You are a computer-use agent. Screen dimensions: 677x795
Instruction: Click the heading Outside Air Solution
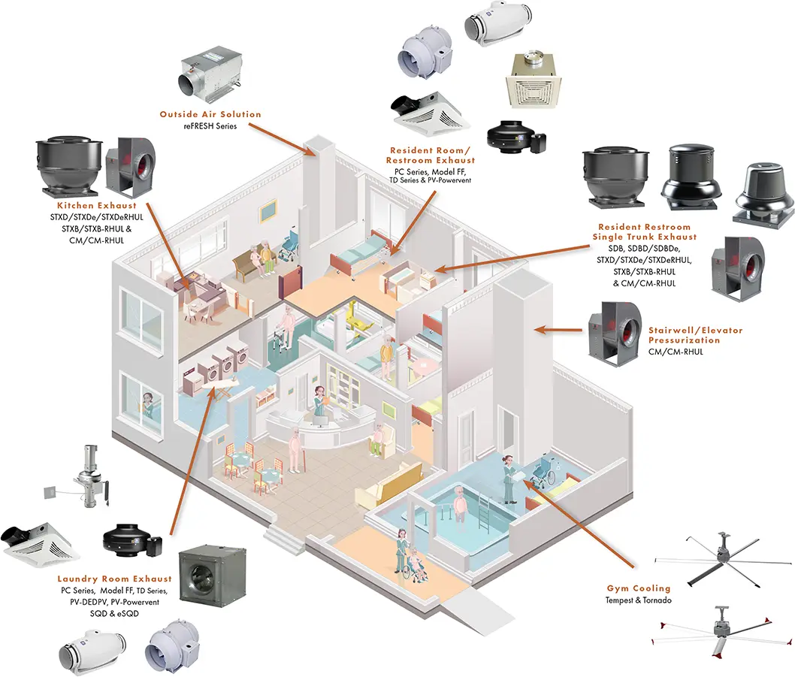click(210, 114)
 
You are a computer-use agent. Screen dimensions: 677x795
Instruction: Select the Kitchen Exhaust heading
click(97, 205)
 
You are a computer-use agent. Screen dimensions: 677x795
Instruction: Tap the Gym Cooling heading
click(639, 588)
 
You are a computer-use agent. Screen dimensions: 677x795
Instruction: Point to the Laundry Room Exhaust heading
click(114, 579)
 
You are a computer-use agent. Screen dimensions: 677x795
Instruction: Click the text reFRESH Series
click(210, 126)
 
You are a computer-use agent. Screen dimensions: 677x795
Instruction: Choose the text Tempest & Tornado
click(639, 600)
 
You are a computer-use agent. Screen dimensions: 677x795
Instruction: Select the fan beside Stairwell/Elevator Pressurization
click(613, 332)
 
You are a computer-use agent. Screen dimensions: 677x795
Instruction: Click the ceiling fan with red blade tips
click(724, 630)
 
